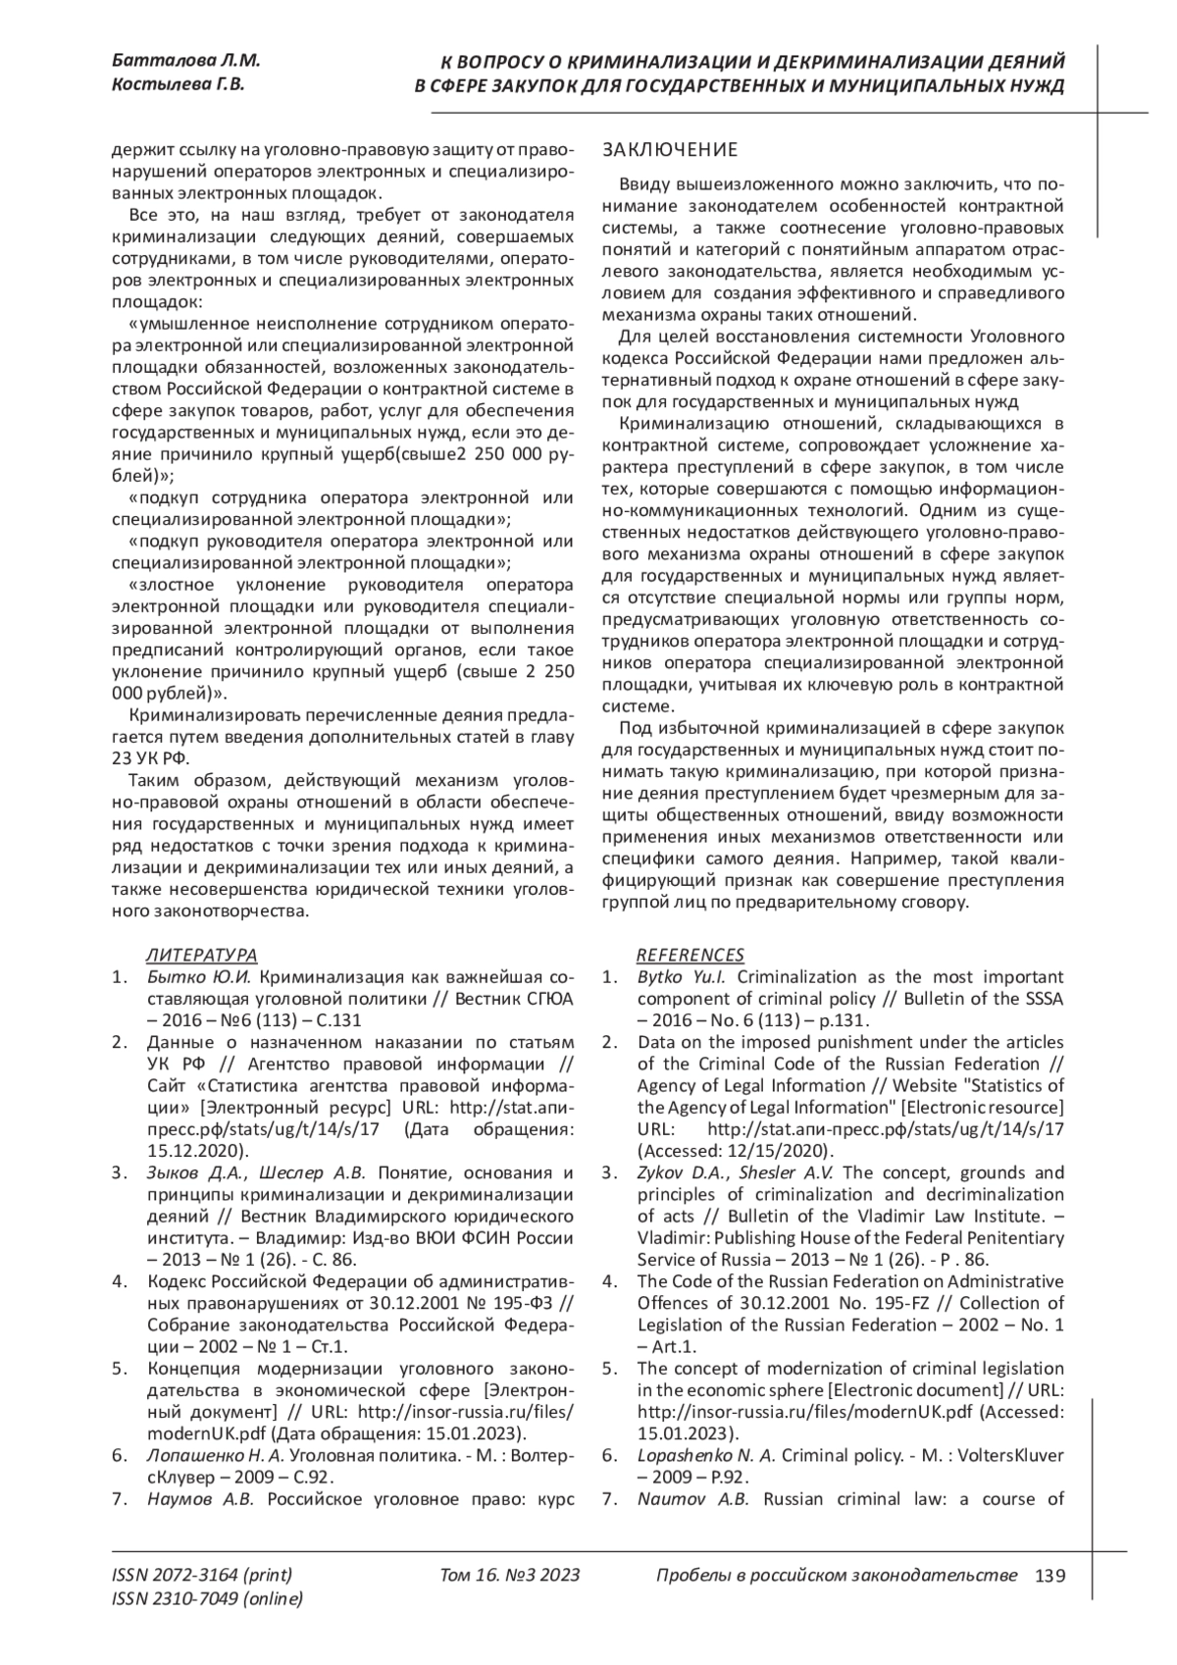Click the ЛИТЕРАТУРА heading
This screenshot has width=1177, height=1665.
tap(201, 955)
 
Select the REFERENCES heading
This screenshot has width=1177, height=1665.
tap(691, 955)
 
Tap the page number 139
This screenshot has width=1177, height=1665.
tap(1049, 1576)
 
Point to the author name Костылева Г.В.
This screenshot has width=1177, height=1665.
tap(179, 84)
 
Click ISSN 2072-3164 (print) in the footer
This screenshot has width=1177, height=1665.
tap(202, 1576)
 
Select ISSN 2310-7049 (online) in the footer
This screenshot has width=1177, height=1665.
tap(208, 1599)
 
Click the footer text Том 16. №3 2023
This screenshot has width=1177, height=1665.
tap(510, 1576)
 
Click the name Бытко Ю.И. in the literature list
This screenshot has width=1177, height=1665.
tap(199, 977)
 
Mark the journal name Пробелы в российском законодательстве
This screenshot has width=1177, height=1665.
tap(836, 1576)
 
